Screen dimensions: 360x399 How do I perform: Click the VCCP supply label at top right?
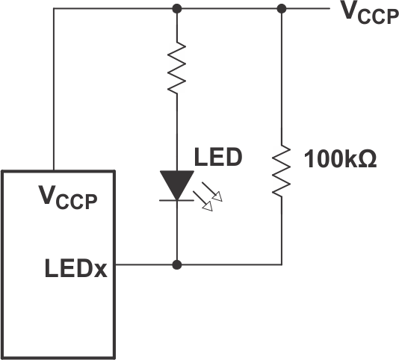368,13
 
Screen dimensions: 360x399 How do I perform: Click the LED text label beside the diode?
218,158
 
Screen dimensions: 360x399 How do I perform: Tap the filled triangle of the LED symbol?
176,182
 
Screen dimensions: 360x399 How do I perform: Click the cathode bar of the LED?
176,200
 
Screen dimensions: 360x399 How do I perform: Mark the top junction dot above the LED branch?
176,9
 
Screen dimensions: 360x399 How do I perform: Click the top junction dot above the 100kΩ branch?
282,9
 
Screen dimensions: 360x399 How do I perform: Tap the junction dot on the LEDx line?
176,264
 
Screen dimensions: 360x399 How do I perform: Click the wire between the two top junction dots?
229,9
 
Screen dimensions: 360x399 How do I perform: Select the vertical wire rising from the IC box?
54,90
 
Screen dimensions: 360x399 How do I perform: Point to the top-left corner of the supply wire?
54,9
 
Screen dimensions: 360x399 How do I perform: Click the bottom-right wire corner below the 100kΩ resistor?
282,264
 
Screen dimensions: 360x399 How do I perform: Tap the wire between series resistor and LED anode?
176,131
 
